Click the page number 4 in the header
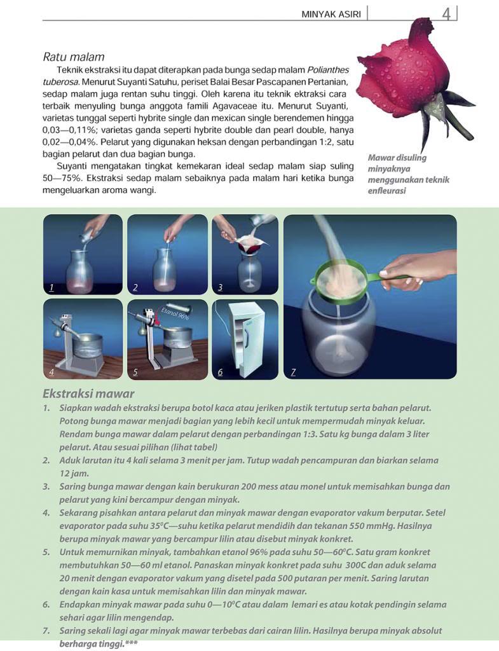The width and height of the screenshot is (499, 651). (x=446, y=14)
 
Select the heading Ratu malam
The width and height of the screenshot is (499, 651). (x=74, y=57)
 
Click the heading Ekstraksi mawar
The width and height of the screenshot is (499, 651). (x=88, y=393)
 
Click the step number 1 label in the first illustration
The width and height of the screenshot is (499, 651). (x=51, y=287)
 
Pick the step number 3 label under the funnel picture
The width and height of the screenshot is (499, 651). (x=220, y=287)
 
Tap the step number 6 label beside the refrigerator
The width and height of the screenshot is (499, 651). (x=220, y=372)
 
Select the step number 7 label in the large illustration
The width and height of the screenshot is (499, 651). (x=293, y=373)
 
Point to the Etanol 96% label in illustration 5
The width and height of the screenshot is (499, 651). (x=175, y=314)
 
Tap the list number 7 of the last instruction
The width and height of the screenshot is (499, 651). (x=46, y=631)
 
